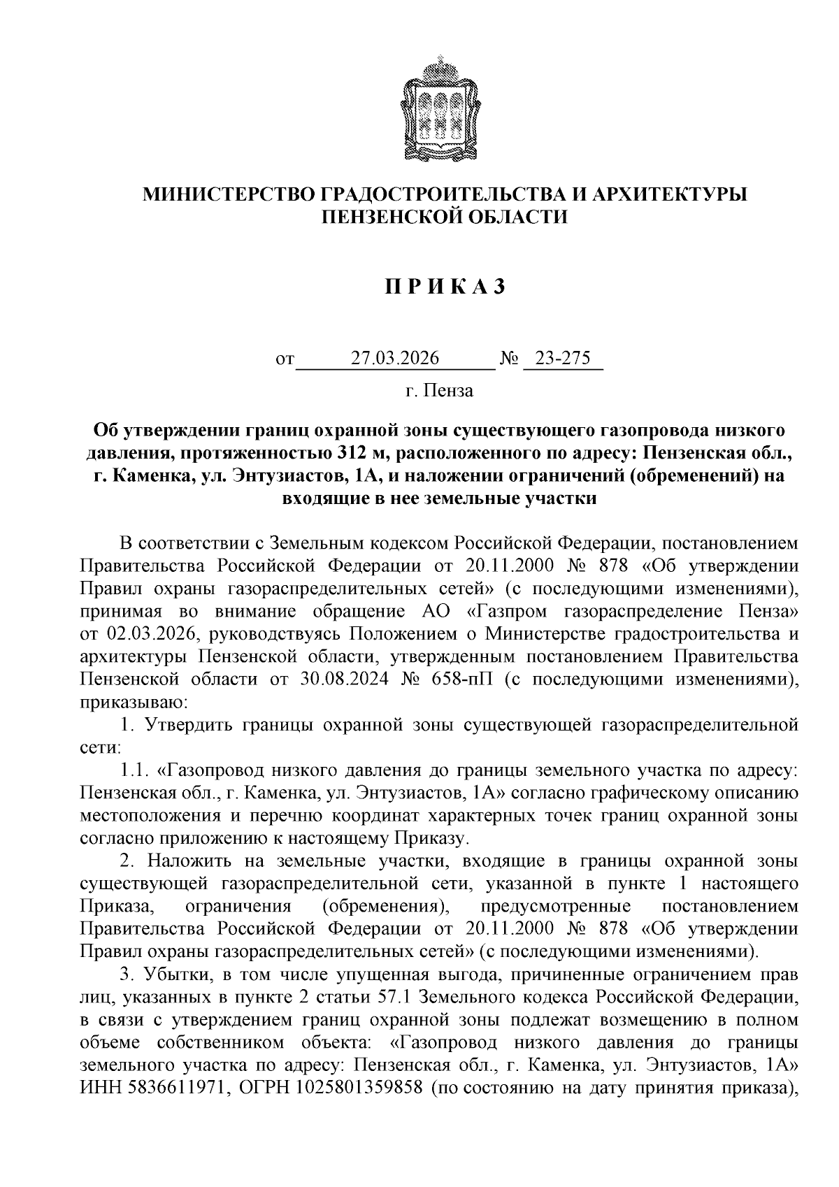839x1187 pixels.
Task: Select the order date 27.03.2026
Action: pyautogui.click(x=395, y=359)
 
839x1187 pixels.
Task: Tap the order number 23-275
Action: pyautogui.click(x=562, y=359)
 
